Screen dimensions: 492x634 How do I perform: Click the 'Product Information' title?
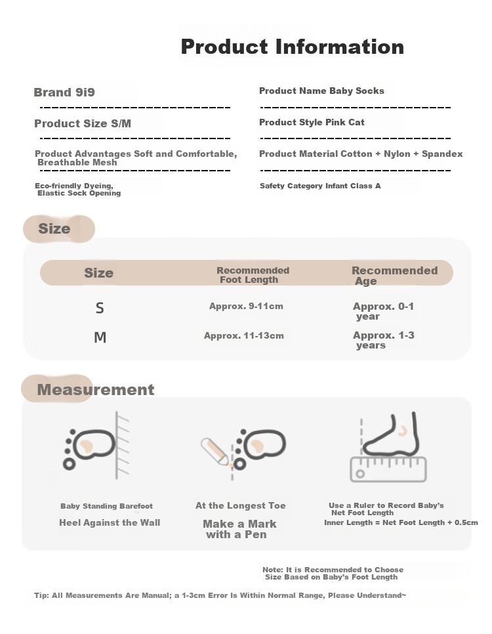pyautogui.click(x=293, y=47)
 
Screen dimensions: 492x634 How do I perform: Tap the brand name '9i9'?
pyautogui.click(x=85, y=92)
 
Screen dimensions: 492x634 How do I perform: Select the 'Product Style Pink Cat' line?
pyautogui.click(x=312, y=122)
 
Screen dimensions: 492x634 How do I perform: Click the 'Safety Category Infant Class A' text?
pyautogui.click(x=320, y=186)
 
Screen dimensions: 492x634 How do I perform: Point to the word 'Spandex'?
pyautogui.click(x=442, y=154)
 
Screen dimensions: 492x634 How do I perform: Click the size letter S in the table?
pyautogui.click(x=100, y=308)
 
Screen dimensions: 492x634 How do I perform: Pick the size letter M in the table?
pyautogui.click(x=100, y=337)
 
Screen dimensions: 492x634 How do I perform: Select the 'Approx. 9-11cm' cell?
pyautogui.click(x=246, y=306)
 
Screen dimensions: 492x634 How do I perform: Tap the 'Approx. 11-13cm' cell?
pyautogui.click(x=244, y=335)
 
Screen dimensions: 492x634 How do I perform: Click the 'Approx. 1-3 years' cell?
pyautogui.click(x=383, y=340)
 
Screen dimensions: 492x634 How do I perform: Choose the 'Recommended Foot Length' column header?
pyautogui.click(x=253, y=275)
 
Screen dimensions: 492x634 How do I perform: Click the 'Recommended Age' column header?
pyautogui.click(x=394, y=276)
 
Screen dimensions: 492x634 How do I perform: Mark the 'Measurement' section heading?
pyautogui.click(x=95, y=389)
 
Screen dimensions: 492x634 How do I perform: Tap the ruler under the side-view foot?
pyautogui.click(x=388, y=469)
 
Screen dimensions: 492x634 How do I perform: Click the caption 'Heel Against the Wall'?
pyautogui.click(x=110, y=522)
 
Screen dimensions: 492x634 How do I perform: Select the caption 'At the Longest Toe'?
pyautogui.click(x=241, y=505)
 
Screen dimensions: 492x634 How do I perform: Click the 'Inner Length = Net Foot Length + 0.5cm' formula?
pyautogui.click(x=401, y=522)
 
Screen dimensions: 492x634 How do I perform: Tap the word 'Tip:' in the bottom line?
pyautogui.click(x=41, y=595)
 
